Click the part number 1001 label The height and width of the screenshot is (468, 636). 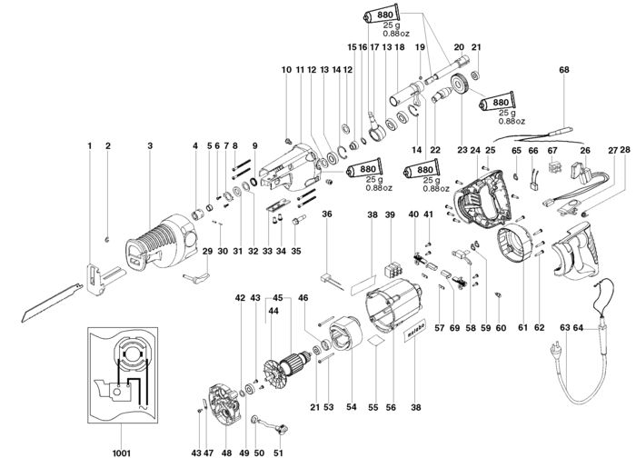click(x=121, y=453)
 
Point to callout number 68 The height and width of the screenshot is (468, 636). click(x=564, y=70)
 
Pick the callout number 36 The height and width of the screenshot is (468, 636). click(x=327, y=214)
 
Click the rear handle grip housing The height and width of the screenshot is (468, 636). click(x=575, y=250)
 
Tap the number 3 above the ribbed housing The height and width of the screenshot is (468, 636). click(x=150, y=145)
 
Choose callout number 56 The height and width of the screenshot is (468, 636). click(x=391, y=408)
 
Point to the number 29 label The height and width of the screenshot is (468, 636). click(x=207, y=251)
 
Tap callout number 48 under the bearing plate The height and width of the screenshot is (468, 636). click(x=227, y=453)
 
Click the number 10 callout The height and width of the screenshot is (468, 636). click(x=286, y=70)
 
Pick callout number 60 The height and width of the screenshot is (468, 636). click(x=501, y=327)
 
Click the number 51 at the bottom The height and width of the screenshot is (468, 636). click(x=278, y=453)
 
